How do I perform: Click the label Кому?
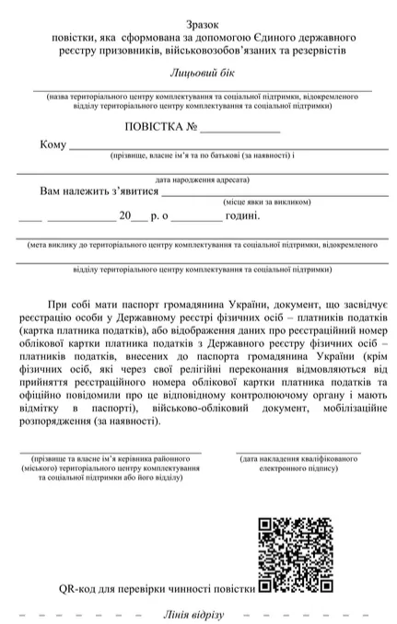click(53, 145)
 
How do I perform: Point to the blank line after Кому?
click(221, 148)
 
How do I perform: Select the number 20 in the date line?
click(126, 217)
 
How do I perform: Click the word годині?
click(241, 217)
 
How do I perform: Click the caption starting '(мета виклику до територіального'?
click(199, 245)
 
